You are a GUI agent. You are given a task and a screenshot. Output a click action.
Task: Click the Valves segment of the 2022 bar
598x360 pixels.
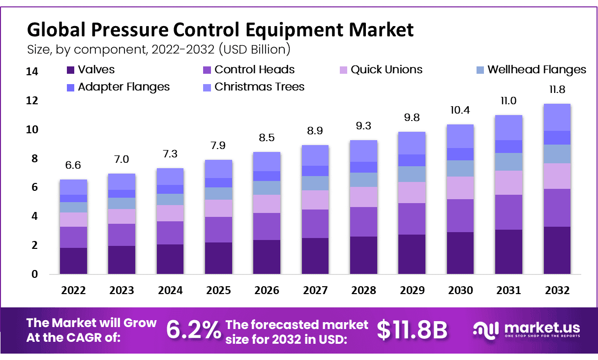click(73, 261)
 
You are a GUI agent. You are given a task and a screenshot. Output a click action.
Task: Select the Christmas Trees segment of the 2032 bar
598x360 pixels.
click(557, 117)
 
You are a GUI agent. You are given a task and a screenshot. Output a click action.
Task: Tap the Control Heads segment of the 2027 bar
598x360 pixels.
click(315, 224)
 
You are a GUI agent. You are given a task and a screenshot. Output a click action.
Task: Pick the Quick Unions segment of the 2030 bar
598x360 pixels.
click(460, 188)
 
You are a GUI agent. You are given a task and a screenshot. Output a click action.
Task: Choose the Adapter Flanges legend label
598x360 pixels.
click(124, 87)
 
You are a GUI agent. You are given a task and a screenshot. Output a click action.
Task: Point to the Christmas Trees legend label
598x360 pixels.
click(260, 87)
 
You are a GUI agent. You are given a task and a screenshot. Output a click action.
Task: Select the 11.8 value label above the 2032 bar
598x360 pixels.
click(557, 90)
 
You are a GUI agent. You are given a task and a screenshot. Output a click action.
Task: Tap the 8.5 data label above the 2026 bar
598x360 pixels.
click(267, 138)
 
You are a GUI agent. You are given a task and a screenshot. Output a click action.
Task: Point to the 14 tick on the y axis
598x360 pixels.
click(31, 72)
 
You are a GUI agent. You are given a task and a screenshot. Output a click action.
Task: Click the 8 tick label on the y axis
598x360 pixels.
click(34, 159)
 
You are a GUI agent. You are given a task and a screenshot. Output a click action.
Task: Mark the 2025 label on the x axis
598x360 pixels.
click(218, 291)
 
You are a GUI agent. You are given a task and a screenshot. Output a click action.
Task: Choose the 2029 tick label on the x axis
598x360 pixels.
click(412, 291)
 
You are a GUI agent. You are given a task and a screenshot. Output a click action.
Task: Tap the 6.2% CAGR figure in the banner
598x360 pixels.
click(193, 330)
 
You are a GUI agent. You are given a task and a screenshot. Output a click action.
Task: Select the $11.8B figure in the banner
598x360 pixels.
click(412, 330)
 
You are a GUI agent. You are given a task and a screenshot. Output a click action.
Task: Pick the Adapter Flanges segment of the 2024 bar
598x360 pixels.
click(170, 189)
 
